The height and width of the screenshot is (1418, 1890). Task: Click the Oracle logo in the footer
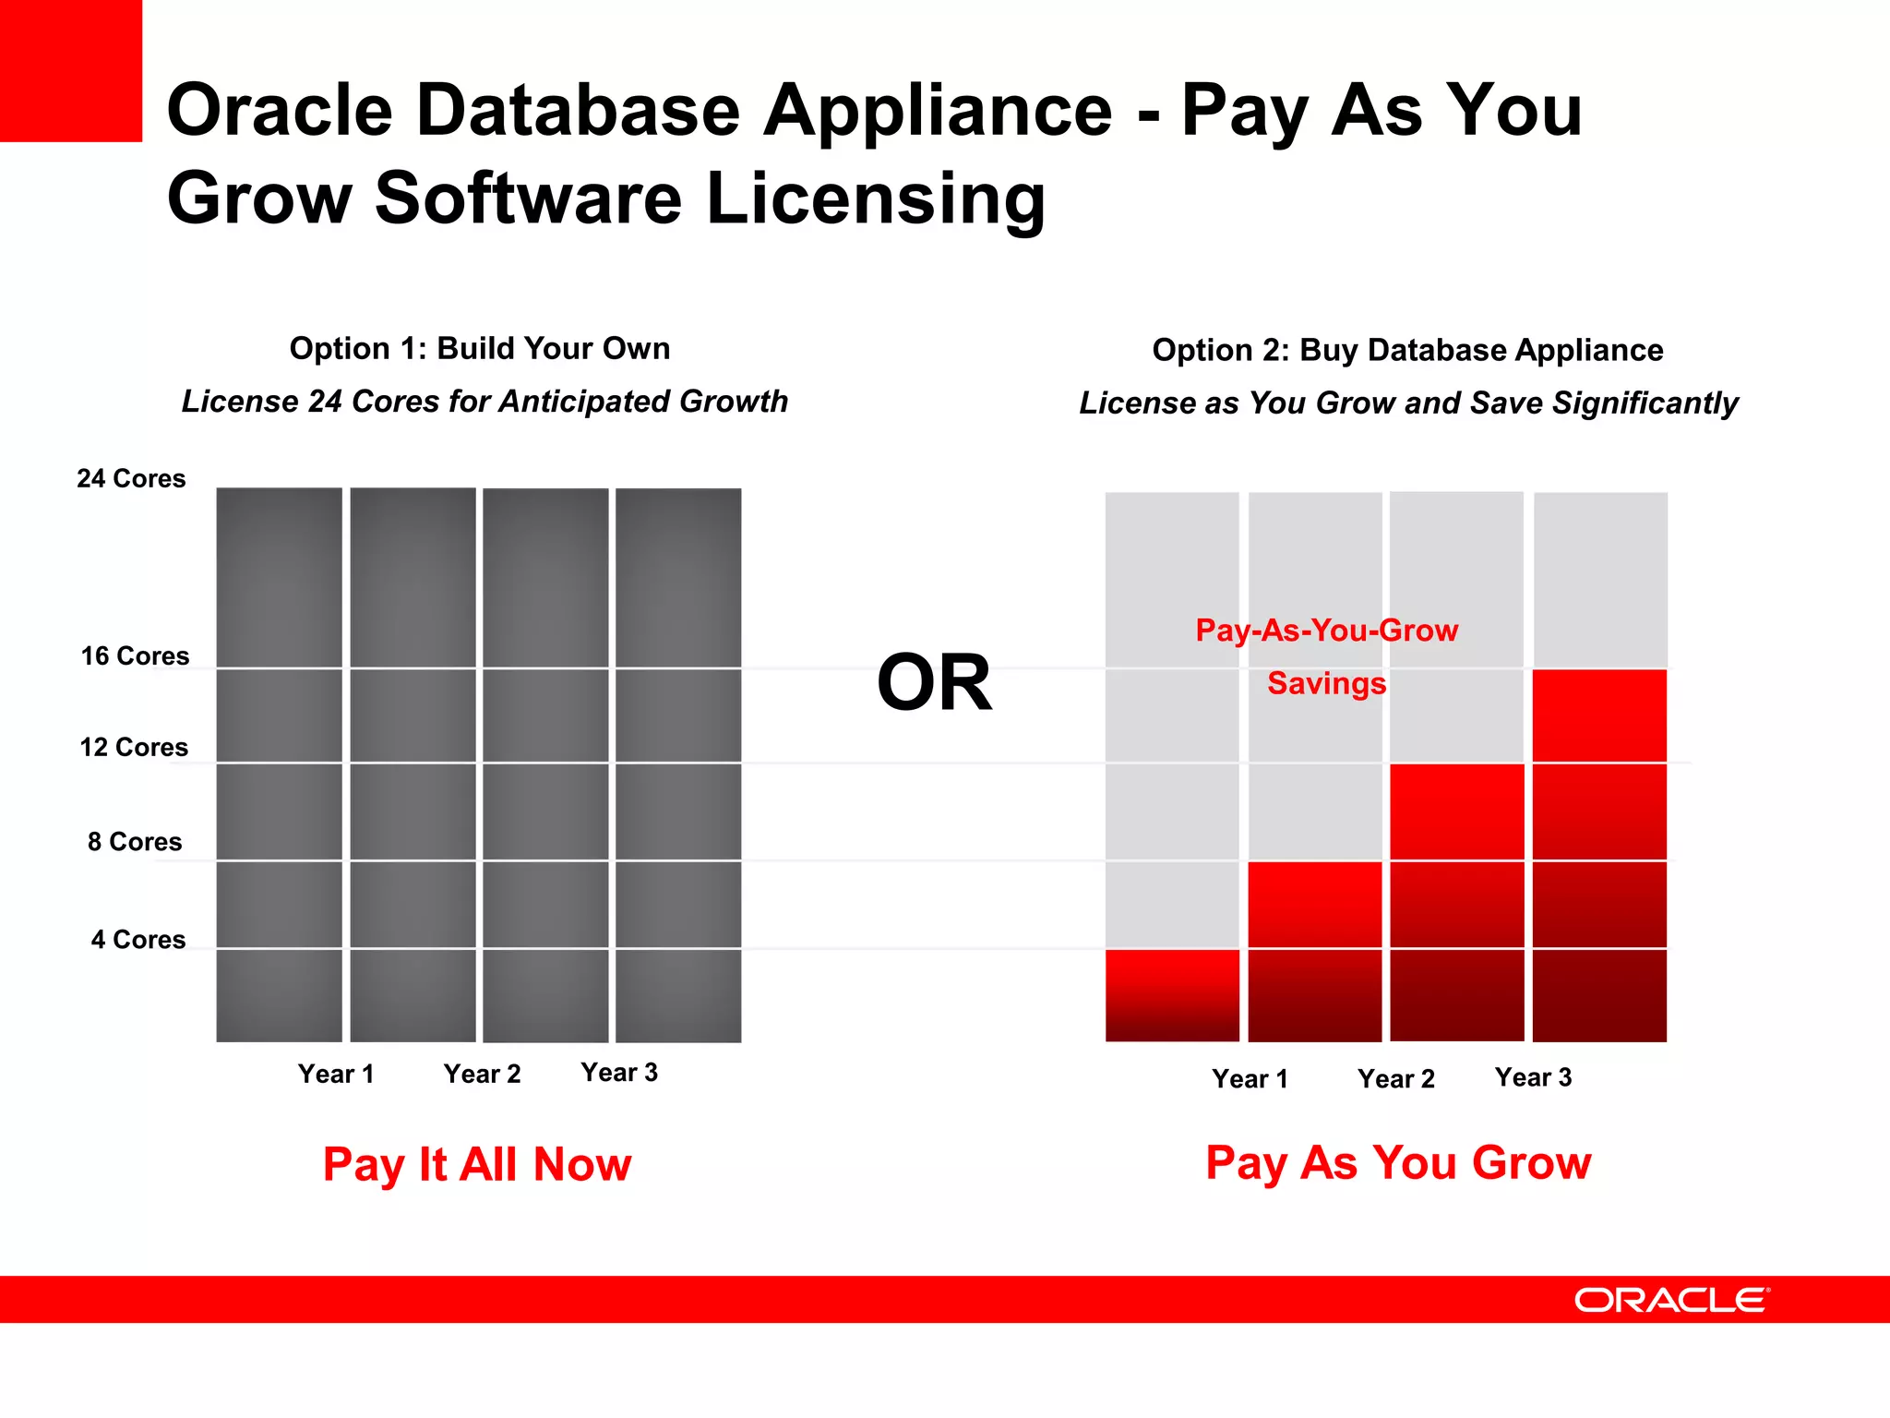[1671, 1300]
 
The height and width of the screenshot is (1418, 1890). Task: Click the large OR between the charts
[934, 683]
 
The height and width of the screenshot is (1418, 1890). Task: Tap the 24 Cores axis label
[131, 478]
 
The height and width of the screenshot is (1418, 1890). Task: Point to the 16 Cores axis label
[135, 656]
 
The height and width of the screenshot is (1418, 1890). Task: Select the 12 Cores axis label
[134, 747]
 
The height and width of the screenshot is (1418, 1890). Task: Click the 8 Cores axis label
[135, 842]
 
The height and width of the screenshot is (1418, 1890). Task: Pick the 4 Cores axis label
[138, 940]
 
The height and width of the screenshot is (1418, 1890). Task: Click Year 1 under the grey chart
[336, 1074]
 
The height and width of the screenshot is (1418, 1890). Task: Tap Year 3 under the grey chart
[619, 1073]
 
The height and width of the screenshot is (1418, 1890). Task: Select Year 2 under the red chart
[1395, 1078]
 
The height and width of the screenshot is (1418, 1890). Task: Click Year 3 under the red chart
[1533, 1077]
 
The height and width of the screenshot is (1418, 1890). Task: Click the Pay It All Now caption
[477, 1164]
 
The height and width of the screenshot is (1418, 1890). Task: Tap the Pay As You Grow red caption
[1398, 1162]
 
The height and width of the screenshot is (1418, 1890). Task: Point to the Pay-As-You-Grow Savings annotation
[1326, 656]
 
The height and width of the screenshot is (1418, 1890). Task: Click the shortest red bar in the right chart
[1172, 995]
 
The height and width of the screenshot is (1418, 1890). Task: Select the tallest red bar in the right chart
[1599, 856]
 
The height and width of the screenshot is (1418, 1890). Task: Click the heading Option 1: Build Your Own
[480, 348]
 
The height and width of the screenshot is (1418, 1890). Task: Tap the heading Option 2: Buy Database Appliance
[1407, 350]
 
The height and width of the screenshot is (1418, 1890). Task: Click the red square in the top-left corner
[70, 70]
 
